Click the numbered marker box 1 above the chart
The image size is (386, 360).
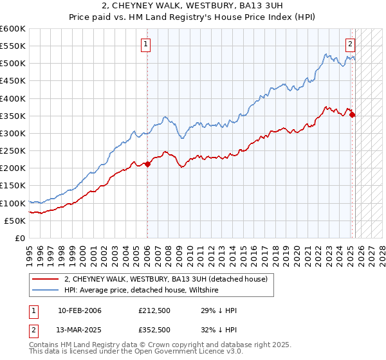click(147, 44)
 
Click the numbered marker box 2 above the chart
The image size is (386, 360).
click(350, 44)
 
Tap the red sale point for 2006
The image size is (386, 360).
click(147, 164)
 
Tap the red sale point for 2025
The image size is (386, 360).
click(353, 115)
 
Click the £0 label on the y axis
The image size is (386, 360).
click(21, 239)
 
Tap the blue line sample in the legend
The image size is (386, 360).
click(46, 290)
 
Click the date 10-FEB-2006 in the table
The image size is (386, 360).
click(80, 310)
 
